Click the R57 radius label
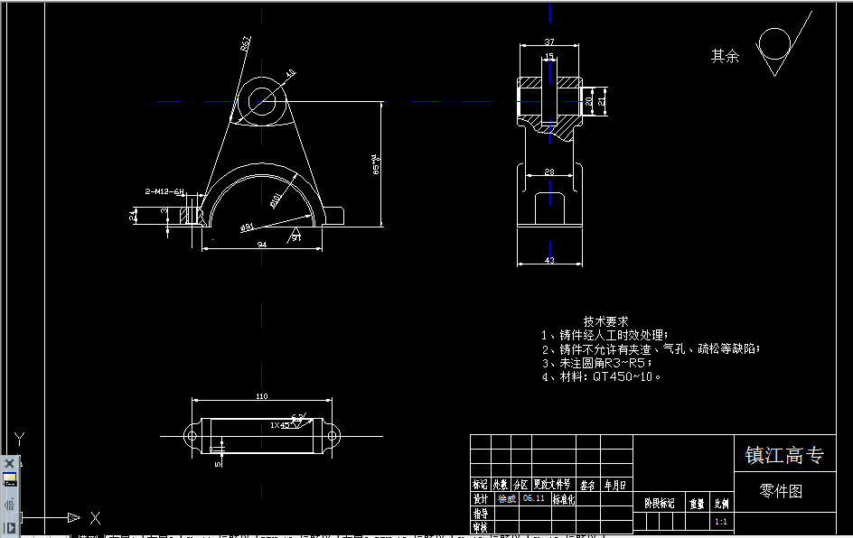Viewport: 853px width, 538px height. pyautogui.click(x=246, y=43)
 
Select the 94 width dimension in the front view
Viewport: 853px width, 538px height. pyautogui.click(x=262, y=243)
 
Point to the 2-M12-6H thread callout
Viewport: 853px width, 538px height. pyautogui.click(x=164, y=191)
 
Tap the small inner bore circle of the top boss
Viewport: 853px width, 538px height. pyautogui.click(x=264, y=100)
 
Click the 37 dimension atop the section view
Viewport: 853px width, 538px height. pyautogui.click(x=549, y=42)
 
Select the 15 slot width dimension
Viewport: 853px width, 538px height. pyautogui.click(x=549, y=58)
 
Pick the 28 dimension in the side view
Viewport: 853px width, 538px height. pyautogui.click(x=548, y=172)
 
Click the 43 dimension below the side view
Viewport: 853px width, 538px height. pyautogui.click(x=548, y=260)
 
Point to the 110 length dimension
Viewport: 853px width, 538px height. pyautogui.click(x=262, y=396)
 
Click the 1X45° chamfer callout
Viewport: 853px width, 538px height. pyautogui.click(x=284, y=424)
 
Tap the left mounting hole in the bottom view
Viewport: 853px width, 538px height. pyautogui.click(x=192, y=437)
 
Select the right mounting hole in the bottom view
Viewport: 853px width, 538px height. pyautogui.click(x=332, y=437)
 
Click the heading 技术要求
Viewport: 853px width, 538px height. pyautogui.click(x=605, y=321)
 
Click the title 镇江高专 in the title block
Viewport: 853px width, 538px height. pyautogui.click(x=783, y=456)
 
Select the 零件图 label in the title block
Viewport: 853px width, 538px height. pyautogui.click(x=781, y=491)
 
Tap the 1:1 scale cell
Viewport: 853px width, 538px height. pyautogui.click(x=721, y=522)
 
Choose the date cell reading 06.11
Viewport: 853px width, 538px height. pyautogui.click(x=534, y=498)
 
